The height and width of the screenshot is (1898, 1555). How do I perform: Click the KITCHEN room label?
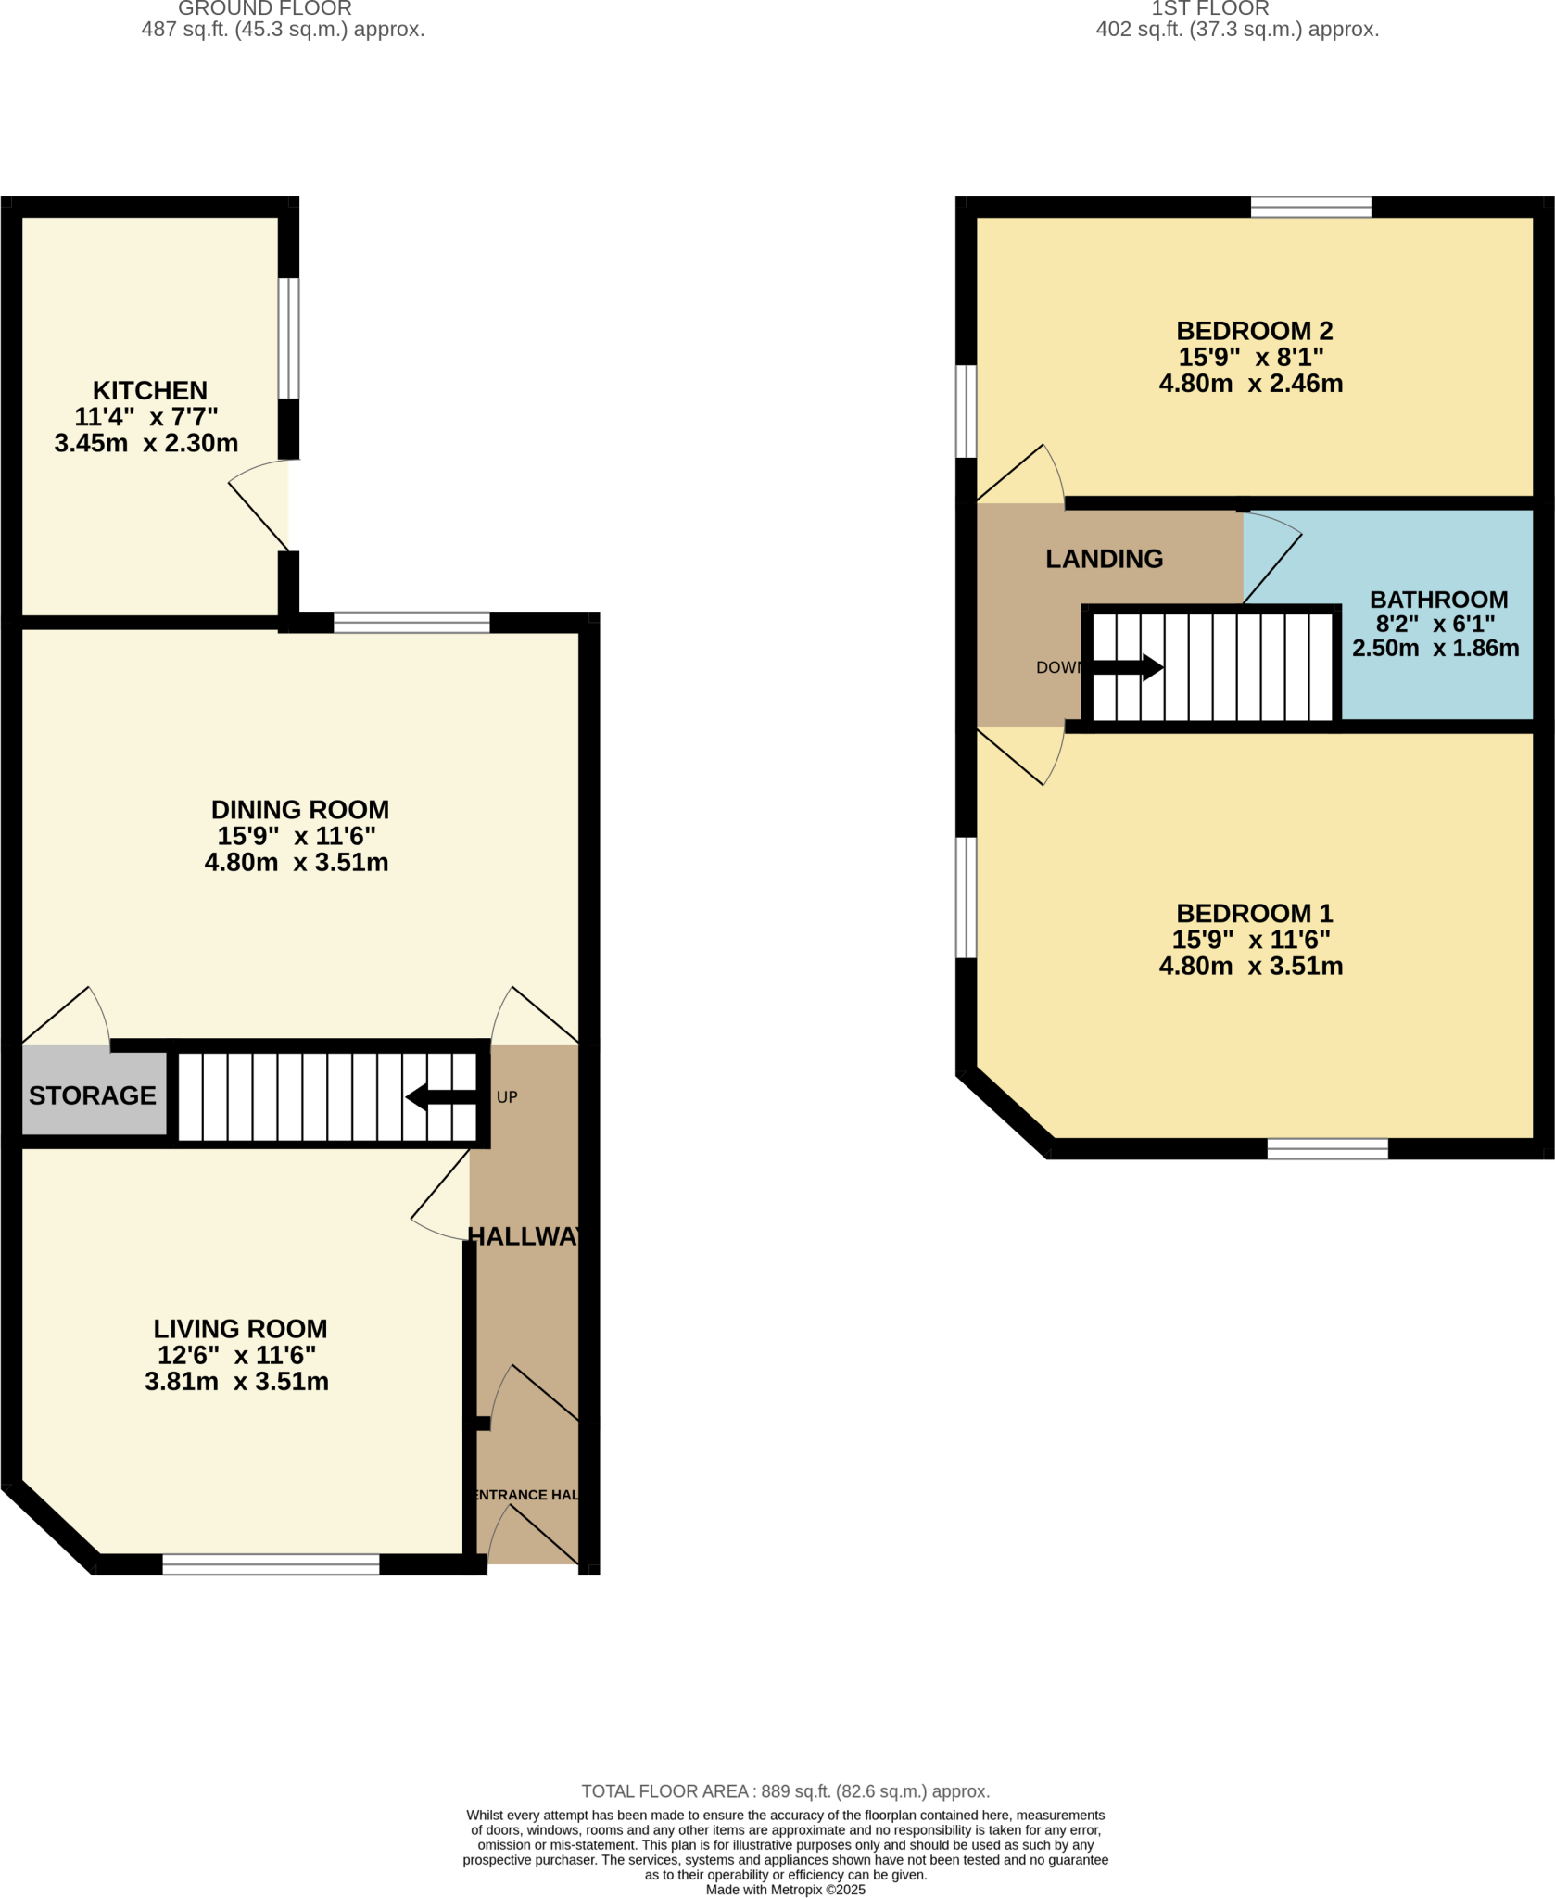pos(149,390)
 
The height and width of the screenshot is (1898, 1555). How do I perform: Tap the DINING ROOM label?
pos(299,809)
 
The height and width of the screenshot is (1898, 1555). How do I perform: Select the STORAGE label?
pos(93,1095)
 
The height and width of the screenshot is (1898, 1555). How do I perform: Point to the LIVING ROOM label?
pos(240,1328)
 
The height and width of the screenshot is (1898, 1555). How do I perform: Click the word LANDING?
pos(1104,559)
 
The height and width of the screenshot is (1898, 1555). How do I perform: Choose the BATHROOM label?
pos(1438,600)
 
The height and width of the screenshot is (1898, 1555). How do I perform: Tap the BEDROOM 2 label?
pos(1254,330)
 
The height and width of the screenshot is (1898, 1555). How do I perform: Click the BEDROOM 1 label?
pos(1254,913)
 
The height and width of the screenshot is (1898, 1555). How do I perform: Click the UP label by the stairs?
pos(507,1096)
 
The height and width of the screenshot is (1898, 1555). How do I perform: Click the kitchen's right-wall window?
pos(289,337)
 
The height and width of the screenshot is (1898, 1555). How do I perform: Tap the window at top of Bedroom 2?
pos(1310,207)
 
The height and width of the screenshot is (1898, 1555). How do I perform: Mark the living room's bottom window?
pos(271,1564)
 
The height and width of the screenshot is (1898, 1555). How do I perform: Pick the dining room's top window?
pos(411,622)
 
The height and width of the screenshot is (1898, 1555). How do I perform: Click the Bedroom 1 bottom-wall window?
pos(1327,1148)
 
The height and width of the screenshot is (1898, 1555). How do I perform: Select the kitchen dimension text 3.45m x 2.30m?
pos(146,443)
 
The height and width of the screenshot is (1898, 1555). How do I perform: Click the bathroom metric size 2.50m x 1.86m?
pos(1435,648)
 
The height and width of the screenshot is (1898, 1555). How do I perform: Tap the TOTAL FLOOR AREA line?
pos(785,1791)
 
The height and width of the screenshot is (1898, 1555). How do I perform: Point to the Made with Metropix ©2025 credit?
pos(785,1890)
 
